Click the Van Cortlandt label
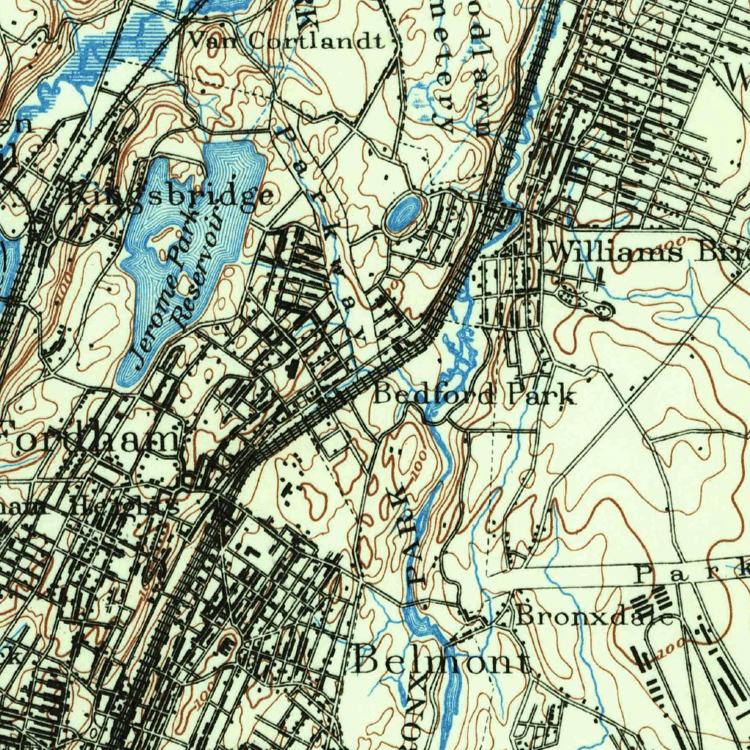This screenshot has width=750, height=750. (286, 40)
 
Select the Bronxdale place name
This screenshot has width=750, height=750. (594, 616)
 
